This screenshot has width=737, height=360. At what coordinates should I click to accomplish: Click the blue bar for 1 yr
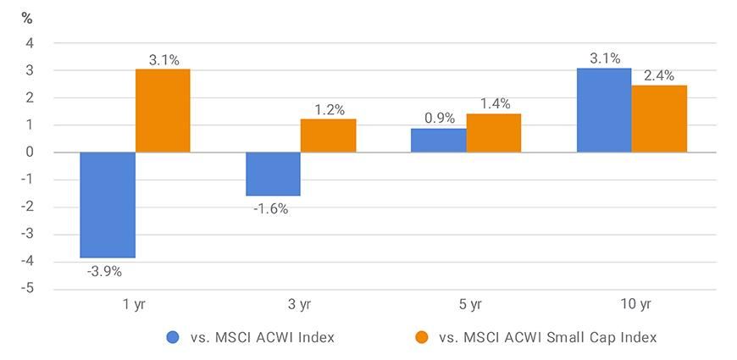coord(108,205)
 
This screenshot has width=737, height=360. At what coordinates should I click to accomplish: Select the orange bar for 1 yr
coord(163,111)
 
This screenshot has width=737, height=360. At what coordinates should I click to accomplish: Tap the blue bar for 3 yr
coord(273,174)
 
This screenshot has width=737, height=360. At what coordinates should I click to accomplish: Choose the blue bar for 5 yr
coord(438,141)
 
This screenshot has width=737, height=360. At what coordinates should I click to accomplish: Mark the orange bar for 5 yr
coord(493,133)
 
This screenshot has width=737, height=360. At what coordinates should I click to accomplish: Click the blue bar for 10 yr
coord(604,110)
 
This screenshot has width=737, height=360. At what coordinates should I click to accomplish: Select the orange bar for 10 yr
coord(659,119)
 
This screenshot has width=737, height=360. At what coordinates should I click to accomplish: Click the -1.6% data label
coord(272,208)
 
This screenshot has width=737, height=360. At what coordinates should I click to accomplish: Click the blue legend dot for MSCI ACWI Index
coord(174,337)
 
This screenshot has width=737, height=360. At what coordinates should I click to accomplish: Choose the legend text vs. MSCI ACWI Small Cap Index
coord(548,337)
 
